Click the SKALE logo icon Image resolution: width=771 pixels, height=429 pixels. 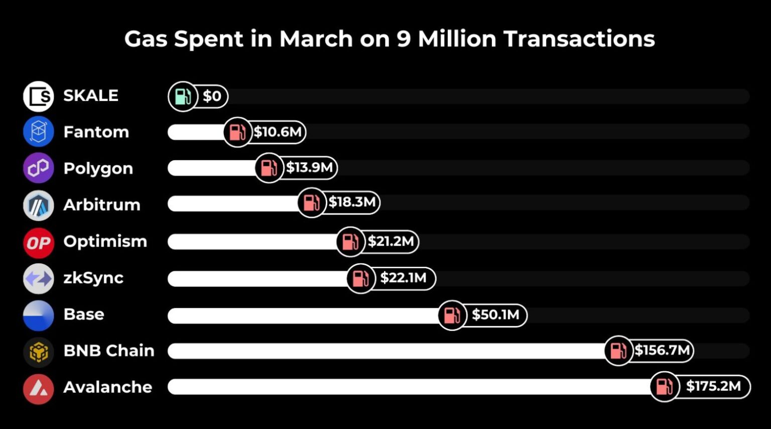(38, 96)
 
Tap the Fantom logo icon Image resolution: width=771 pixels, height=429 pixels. (38, 132)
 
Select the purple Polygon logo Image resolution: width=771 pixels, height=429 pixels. (38, 168)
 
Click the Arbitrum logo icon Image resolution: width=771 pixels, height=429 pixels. (38, 205)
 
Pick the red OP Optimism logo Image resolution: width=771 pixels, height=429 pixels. (38, 243)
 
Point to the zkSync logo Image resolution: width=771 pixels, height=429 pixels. (38, 278)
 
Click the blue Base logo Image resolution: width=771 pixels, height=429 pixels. (38, 315)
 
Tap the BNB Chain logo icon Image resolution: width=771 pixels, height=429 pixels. (38, 352)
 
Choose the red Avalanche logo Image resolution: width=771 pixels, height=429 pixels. (38, 388)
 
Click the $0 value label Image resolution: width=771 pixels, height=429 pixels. (212, 96)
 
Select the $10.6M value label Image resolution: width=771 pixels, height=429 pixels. (277, 132)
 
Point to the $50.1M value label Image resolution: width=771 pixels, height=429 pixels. (495, 315)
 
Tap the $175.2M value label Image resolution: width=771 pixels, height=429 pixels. (713, 386)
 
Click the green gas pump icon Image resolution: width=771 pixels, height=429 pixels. (182, 96)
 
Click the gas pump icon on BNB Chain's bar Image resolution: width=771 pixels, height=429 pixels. (618, 351)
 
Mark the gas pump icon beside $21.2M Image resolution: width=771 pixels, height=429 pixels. (350, 242)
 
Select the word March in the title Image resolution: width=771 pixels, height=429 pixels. (316, 39)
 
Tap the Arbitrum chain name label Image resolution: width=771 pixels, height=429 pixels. (102, 205)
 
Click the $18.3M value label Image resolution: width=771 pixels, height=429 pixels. (352, 202)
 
